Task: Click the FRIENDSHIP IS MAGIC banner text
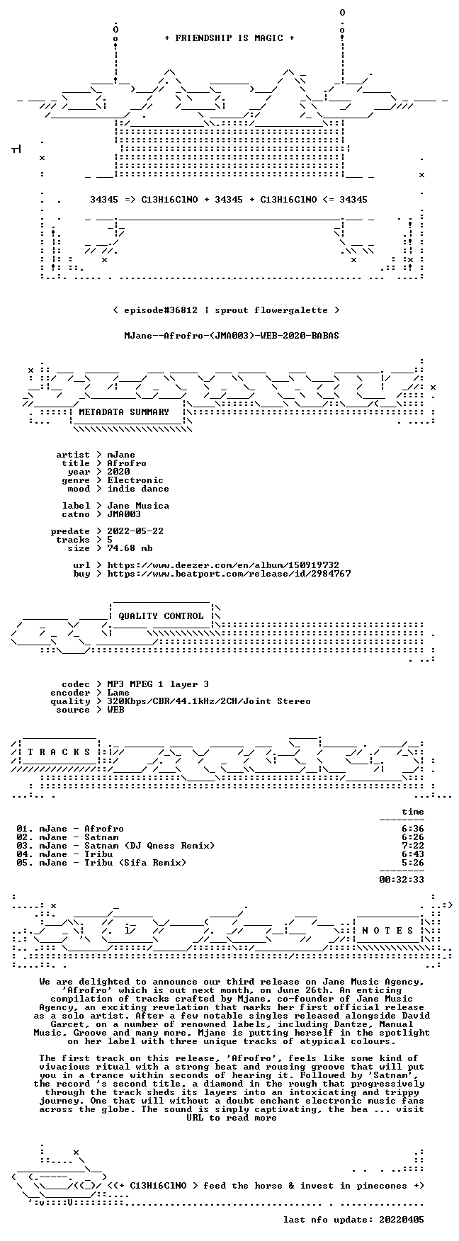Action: pos(229,38)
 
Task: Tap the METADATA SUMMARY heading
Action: pos(124,412)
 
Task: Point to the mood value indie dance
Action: pos(138,489)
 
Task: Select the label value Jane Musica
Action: pos(138,506)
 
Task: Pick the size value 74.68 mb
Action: pos(130,548)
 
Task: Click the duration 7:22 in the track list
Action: pos(413,846)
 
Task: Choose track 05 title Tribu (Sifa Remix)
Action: pos(135,863)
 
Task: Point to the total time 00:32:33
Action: pos(402,880)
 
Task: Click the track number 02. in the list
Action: pos(25,837)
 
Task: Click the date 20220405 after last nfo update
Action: pos(402,1220)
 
